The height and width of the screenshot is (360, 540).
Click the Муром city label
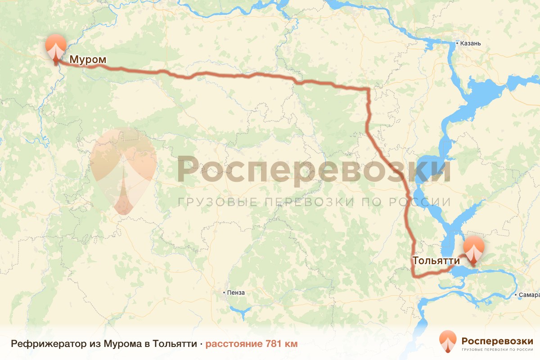tap(88, 59)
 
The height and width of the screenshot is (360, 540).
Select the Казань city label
tap(471, 44)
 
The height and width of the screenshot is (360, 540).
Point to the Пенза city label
tap(236, 292)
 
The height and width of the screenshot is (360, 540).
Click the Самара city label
tap(529, 295)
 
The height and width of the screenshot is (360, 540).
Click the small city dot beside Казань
tap(457, 44)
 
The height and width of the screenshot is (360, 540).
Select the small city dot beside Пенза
tap(224, 292)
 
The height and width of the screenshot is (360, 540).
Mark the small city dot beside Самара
tap(516, 295)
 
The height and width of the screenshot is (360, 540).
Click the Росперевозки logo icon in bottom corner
tap(448, 342)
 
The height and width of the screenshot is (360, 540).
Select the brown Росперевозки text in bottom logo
tap(497, 340)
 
